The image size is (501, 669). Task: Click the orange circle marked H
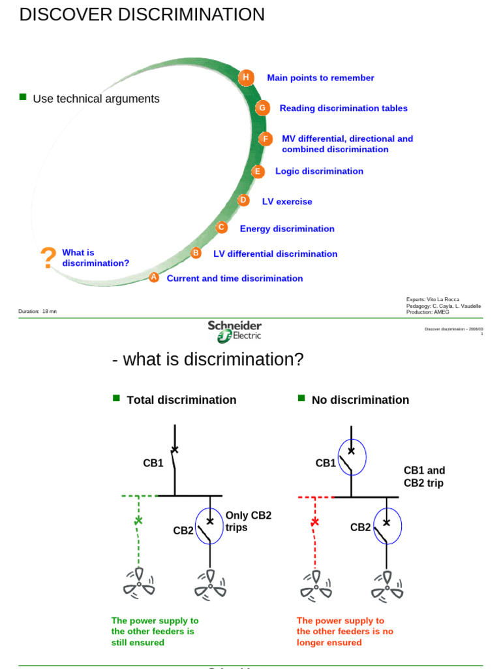click(x=245, y=77)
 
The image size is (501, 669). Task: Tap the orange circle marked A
click(x=154, y=277)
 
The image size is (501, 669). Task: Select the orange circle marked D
click(x=243, y=200)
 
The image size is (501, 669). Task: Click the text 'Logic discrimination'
click(x=319, y=171)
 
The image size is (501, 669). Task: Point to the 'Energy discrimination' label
click(x=287, y=229)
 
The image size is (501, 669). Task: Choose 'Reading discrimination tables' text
click(x=343, y=108)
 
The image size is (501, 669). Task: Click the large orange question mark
click(x=48, y=259)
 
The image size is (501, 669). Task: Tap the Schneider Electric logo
click(x=235, y=331)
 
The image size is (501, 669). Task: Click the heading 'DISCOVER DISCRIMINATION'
click(x=142, y=14)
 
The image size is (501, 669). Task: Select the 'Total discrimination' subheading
click(x=181, y=400)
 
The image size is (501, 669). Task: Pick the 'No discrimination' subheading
click(x=360, y=400)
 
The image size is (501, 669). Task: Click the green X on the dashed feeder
click(x=138, y=521)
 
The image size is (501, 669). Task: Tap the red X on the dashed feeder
click(x=315, y=521)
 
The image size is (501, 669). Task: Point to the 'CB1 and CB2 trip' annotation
click(x=424, y=477)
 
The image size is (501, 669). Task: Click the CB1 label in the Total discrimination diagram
click(x=153, y=463)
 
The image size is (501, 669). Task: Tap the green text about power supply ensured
click(x=155, y=632)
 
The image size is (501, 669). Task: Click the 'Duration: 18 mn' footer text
click(x=38, y=312)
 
